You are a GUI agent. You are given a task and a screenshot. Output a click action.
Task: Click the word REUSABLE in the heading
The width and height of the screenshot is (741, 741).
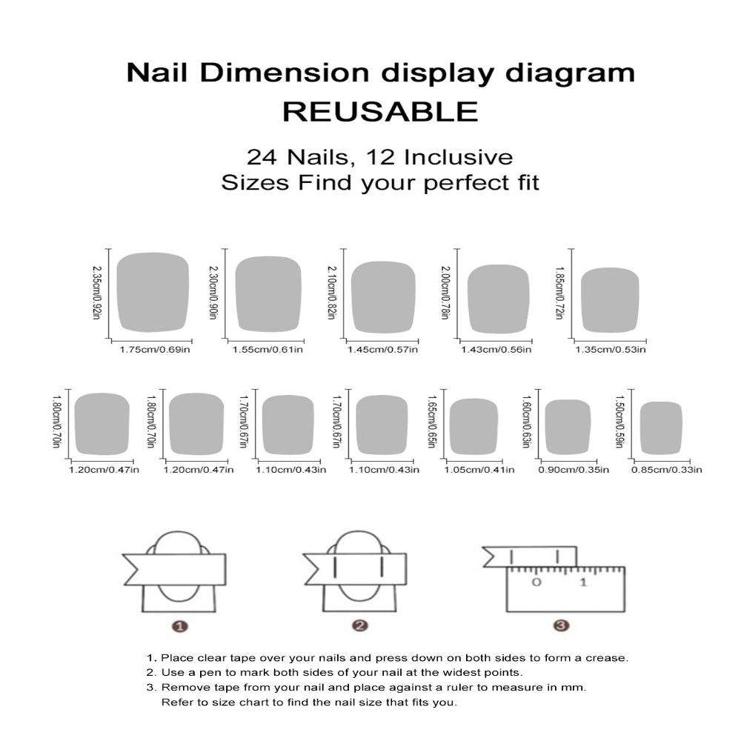click(x=380, y=112)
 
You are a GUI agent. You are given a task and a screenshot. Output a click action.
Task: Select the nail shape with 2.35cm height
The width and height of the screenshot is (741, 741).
click(x=153, y=292)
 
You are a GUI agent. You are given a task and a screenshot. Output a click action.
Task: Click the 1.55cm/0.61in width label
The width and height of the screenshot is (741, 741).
click(x=268, y=349)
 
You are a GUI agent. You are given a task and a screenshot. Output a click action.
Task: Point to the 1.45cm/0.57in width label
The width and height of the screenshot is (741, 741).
click(x=382, y=349)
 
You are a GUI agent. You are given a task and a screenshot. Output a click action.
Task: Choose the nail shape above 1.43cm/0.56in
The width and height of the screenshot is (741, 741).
click(x=499, y=297)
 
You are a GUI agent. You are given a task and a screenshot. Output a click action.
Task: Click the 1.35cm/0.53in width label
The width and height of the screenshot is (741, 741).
click(x=611, y=349)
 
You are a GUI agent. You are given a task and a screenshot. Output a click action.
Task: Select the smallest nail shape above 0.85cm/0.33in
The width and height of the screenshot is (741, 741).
click(x=661, y=427)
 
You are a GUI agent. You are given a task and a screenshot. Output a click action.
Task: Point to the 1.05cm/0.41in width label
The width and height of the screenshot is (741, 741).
click(x=479, y=469)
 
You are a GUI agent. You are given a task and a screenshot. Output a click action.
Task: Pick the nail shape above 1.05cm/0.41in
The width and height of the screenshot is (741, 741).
click(x=473, y=425)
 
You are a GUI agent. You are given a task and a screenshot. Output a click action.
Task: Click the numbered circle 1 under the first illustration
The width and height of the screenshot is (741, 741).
click(x=179, y=626)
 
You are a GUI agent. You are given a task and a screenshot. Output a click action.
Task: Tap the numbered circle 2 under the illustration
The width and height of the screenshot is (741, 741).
click(x=360, y=626)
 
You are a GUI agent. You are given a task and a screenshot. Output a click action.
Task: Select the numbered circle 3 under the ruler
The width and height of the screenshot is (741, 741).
click(x=561, y=626)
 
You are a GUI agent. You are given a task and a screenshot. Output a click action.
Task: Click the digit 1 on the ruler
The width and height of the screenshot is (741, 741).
click(x=583, y=582)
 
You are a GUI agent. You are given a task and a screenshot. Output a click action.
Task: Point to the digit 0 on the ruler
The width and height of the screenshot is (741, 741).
click(x=536, y=582)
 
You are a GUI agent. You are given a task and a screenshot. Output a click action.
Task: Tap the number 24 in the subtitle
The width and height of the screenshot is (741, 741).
click(x=261, y=157)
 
